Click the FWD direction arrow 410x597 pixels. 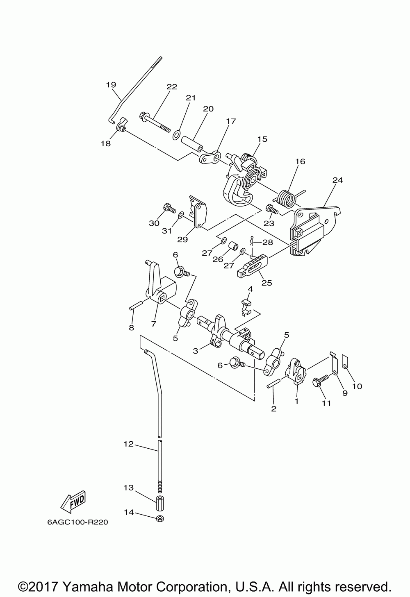click(x=73, y=501)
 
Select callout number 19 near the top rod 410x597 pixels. click(x=111, y=85)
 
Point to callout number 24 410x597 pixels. click(x=338, y=180)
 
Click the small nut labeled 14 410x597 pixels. click(x=160, y=519)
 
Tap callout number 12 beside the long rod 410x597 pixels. click(x=129, y=444)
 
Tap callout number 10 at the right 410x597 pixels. click(x=357, y=386)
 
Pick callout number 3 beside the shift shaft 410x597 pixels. click(x=196, y=350)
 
